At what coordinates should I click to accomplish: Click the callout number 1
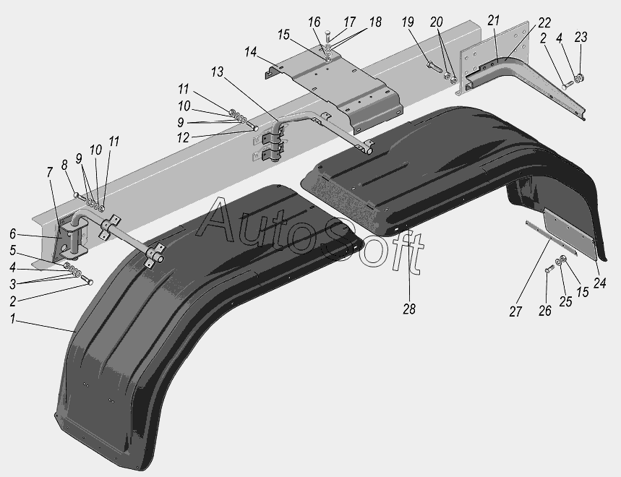13,319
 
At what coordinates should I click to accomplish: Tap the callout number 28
409,309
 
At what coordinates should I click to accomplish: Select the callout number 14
250,52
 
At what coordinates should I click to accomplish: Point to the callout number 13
217,72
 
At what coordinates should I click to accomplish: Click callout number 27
515,311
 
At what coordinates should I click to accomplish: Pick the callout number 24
599,283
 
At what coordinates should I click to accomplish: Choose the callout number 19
408,22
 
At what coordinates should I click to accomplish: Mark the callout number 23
581,37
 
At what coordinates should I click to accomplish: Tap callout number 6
13,234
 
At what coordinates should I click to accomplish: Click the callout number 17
349,22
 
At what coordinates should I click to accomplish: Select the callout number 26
544,311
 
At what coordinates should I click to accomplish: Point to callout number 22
544,22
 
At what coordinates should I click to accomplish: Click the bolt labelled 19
434,66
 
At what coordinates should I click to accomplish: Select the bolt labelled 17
327,35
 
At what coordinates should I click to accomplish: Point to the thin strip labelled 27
551,239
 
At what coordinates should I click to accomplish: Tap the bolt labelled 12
252,126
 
